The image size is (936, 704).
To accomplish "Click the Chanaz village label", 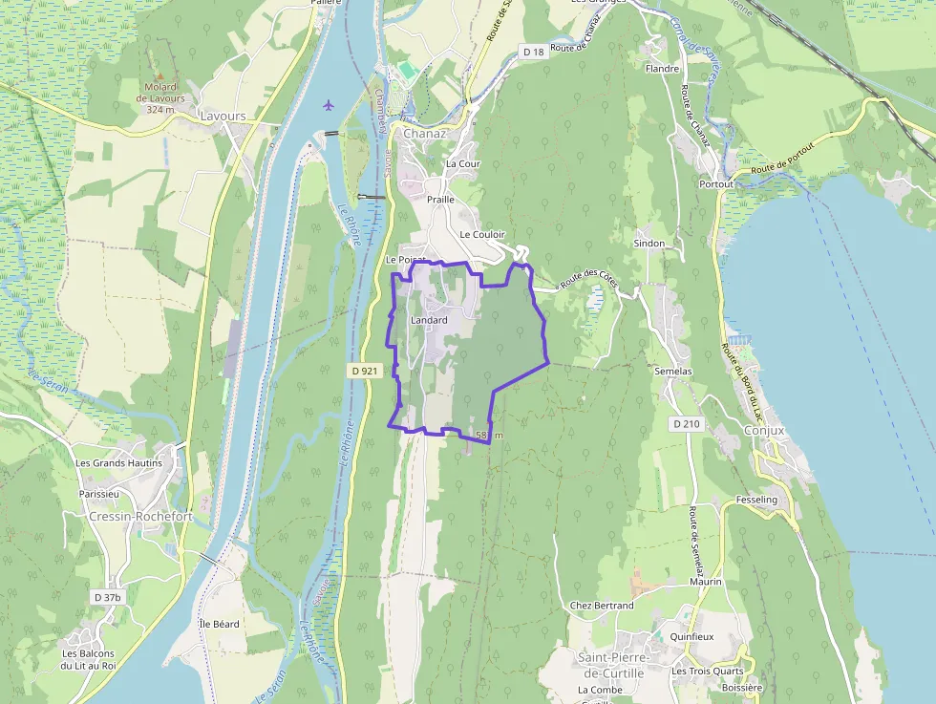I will [424, 133].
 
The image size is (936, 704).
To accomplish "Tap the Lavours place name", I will [223, 117].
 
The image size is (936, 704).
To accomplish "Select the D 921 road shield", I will [366, 371].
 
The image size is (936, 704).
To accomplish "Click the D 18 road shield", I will [534, 52].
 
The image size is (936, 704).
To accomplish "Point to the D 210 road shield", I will [686, 422].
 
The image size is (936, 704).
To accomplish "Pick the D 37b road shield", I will [108, 597].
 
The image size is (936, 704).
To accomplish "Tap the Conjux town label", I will [763, 431].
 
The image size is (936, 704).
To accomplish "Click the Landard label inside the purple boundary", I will [429, 320].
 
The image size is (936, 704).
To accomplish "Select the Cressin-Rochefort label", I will [140, 517].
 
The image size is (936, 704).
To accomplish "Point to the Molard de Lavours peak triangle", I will [160, 75].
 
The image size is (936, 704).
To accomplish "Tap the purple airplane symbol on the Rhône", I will [330, 103].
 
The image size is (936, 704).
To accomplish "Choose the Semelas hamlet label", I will [672, 371].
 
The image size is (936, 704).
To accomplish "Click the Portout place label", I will [716, 183].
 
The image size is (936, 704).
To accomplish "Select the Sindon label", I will [649, 244].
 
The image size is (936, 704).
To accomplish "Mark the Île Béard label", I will [219, 624].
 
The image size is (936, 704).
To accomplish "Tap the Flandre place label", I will [662, 69].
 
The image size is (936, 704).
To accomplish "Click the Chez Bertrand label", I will [601, 606].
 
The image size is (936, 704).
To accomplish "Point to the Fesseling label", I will [757, 500].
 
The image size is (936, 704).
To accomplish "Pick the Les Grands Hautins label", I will [118, 462].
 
